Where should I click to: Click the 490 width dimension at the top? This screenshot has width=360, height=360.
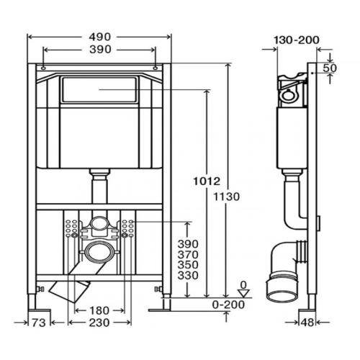point(100,37)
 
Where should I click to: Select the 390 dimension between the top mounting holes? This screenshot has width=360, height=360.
point(100,50)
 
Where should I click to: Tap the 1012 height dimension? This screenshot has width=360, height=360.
point(207,181)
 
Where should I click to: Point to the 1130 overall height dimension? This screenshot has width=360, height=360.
point(227,197)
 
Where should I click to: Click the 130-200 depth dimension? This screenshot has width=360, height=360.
point(297,40)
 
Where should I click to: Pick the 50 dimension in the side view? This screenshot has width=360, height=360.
point(330,68)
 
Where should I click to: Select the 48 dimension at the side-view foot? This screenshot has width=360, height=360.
point(307,323)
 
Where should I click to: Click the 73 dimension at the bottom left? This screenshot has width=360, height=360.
point(39,323)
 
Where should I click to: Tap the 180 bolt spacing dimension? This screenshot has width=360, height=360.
point(99,311)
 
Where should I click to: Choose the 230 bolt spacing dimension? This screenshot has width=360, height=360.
point(99,323)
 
